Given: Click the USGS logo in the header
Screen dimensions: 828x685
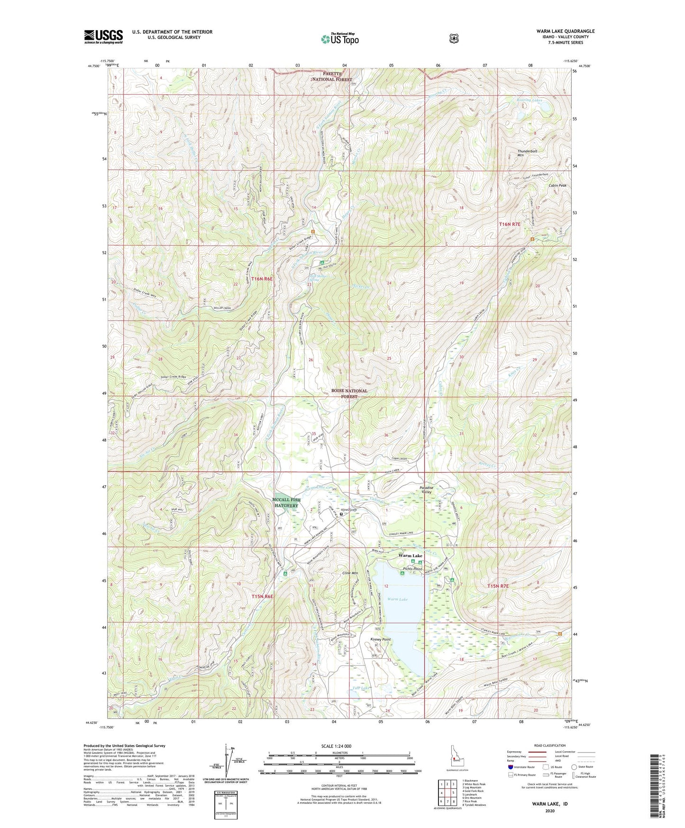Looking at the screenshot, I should pyautogui.click(x=103, y=37).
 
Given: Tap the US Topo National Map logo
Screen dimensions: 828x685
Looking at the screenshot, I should pyautogui.click(x=339, y=39).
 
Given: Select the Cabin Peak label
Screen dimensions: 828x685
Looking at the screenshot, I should pyautogui.click(x=544, y=185).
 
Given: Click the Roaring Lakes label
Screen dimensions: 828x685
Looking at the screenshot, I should pyautogui.click(x=529, y=100).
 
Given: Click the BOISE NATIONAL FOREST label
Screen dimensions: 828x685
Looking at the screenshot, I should pyautogui.click(x=349, y=393).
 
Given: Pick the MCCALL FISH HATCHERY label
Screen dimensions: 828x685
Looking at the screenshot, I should pyautogui.click(x=286, y=503).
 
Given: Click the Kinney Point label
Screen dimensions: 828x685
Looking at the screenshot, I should pyautogui.click(x=380, y=639).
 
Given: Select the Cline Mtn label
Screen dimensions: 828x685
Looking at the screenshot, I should pyautogui.click(x=350, y=573).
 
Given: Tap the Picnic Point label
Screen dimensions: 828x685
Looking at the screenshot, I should pyautogui.click(x=412, y=569).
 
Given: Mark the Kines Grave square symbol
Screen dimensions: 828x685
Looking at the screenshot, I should pyautogui.click(x=341, y=513).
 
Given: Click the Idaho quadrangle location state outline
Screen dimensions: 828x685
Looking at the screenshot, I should pyautogui.click(x=457, y=754).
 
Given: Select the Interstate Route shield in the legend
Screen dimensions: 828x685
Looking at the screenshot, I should pyautogui.click(x=510, y=766).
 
